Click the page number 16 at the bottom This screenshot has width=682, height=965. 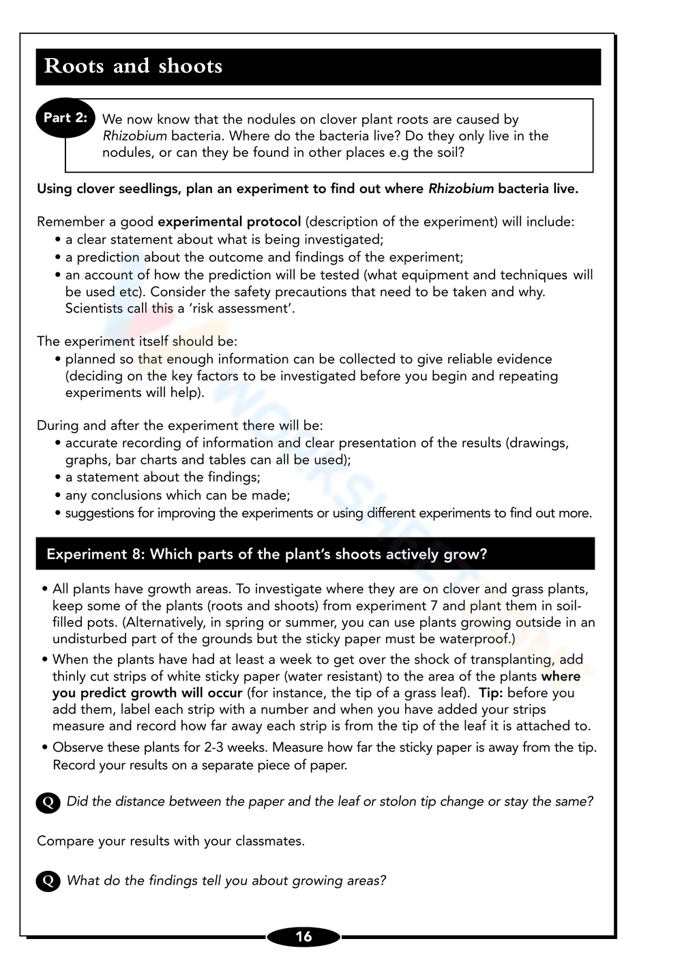coord(303,936)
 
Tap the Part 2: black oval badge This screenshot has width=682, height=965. coord(65,117)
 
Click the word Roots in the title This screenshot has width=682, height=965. coord(74,66)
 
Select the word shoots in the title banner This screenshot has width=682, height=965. coord(190,66)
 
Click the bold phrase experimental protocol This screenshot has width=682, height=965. coord(229,222)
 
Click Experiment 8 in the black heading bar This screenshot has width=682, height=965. coord(95,554)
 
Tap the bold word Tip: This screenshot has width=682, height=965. coord(490,693)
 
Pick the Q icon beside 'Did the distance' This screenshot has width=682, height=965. coord(48,802)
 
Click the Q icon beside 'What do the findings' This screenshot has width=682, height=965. coord(48,881)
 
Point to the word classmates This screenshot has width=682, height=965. coord(269,841)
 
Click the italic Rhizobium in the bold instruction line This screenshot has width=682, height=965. coord(460,189)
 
